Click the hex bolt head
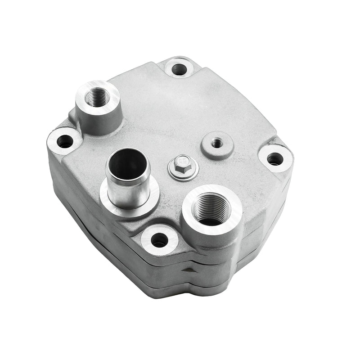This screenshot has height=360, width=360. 183,161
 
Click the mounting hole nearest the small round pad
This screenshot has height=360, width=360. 274,158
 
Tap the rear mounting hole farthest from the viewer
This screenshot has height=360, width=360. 179,69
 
